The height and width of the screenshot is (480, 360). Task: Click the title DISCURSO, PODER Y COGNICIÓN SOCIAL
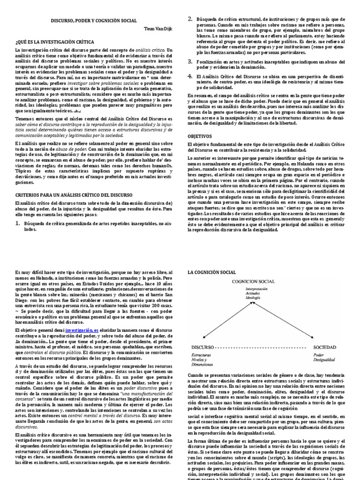click(x=94, y=21)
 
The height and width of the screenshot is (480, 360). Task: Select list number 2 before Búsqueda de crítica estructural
click(x=190, y=19)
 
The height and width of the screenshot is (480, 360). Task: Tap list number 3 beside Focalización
click(x=190, y=61)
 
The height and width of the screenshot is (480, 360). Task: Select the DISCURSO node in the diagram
click(x=202, y=347)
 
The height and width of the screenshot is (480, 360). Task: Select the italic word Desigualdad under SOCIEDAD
click(x=328, y=360)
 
